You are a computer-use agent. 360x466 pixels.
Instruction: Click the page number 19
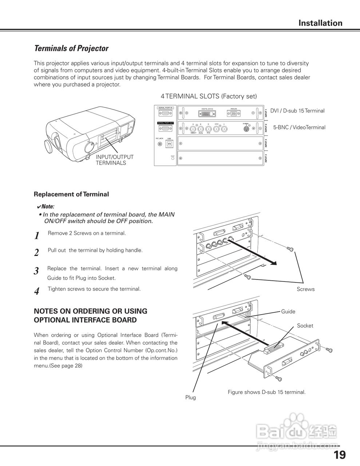pos(339,455)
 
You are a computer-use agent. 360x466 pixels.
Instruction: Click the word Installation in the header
pos(320,23)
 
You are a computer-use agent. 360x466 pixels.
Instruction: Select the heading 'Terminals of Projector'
pos(71,48)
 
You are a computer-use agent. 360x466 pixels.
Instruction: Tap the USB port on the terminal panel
pos(170,144)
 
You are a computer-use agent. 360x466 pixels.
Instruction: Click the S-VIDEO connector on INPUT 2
pos(247,129)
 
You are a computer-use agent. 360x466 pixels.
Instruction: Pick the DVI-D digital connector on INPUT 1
pos(208,114)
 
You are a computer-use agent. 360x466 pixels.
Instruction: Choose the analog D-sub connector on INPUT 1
pos(233,114)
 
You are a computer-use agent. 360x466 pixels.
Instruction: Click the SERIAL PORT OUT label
pos(165,123)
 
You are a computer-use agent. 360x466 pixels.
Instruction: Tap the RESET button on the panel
pos(173,159)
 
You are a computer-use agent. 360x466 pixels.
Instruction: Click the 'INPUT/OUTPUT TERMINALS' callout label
pos(115,160)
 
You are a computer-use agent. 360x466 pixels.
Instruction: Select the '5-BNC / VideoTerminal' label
pos(299,127)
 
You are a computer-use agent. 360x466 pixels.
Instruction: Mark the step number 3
pos(36,271)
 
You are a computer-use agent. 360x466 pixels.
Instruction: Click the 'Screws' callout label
pos(305,289)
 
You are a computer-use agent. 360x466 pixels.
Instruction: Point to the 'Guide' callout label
pos(288,311)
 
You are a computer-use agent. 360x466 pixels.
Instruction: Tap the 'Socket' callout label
pos(305,325)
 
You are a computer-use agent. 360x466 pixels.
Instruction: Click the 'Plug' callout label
pos(190,397)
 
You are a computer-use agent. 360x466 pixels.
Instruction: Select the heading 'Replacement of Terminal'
pos(71,194)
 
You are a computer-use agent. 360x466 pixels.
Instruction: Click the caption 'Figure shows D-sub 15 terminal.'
pos(266,392)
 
